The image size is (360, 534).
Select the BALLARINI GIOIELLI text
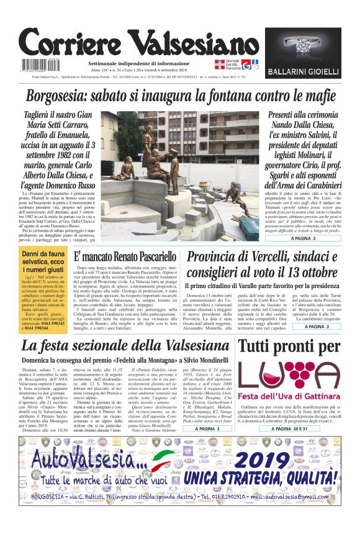tap(303, 73)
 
